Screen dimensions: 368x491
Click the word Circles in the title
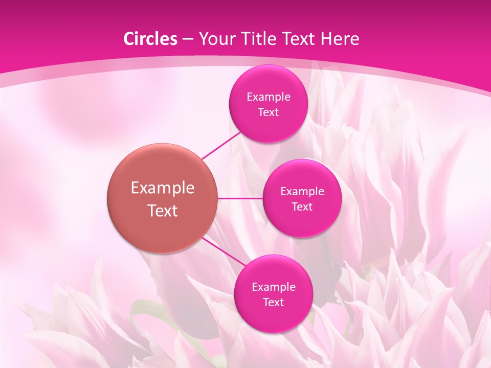[150, 39]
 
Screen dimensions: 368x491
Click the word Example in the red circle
[163, 188]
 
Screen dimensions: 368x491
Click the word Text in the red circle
[163, 211]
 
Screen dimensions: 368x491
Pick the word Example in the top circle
[268, 97]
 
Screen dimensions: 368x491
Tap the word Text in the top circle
[268, 112]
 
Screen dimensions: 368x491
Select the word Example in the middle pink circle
[302, 192]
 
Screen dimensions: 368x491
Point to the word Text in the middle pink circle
[302, 207]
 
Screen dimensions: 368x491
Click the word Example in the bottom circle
[273, 287]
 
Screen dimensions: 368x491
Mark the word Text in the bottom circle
[273, 303]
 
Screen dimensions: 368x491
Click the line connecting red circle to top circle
[221, 145]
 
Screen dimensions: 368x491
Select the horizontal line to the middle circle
[240, 198]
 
